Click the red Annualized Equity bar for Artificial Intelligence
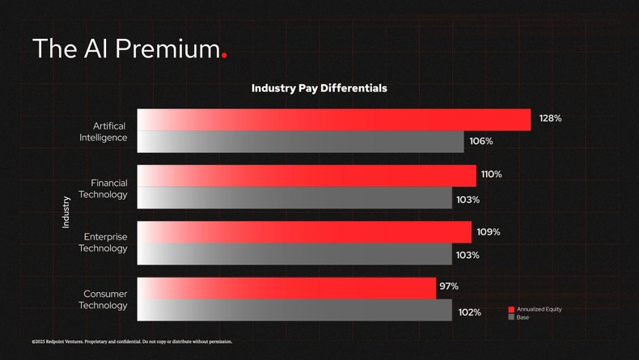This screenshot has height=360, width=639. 333,120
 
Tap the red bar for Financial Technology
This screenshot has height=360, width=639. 307,176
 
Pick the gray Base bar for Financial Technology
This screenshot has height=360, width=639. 294,198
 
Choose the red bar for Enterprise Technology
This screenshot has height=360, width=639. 304,232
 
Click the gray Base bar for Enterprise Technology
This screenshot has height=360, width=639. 294,254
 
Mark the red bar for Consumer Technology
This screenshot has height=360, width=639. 286,288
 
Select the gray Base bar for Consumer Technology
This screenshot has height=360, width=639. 294,310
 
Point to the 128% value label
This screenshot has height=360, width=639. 550,118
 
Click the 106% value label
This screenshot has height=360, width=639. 481,141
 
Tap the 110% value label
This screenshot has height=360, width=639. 491,174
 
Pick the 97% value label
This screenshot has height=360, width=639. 449,286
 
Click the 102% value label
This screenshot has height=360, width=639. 469,312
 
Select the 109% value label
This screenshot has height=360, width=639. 488,232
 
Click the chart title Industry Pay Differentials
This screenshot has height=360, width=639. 319,88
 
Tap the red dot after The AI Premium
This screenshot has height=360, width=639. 224,55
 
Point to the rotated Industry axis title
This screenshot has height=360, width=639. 66,212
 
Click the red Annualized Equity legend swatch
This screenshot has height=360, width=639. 511,310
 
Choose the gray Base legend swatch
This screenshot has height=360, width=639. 511,318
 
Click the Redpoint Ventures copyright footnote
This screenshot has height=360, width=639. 132,341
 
